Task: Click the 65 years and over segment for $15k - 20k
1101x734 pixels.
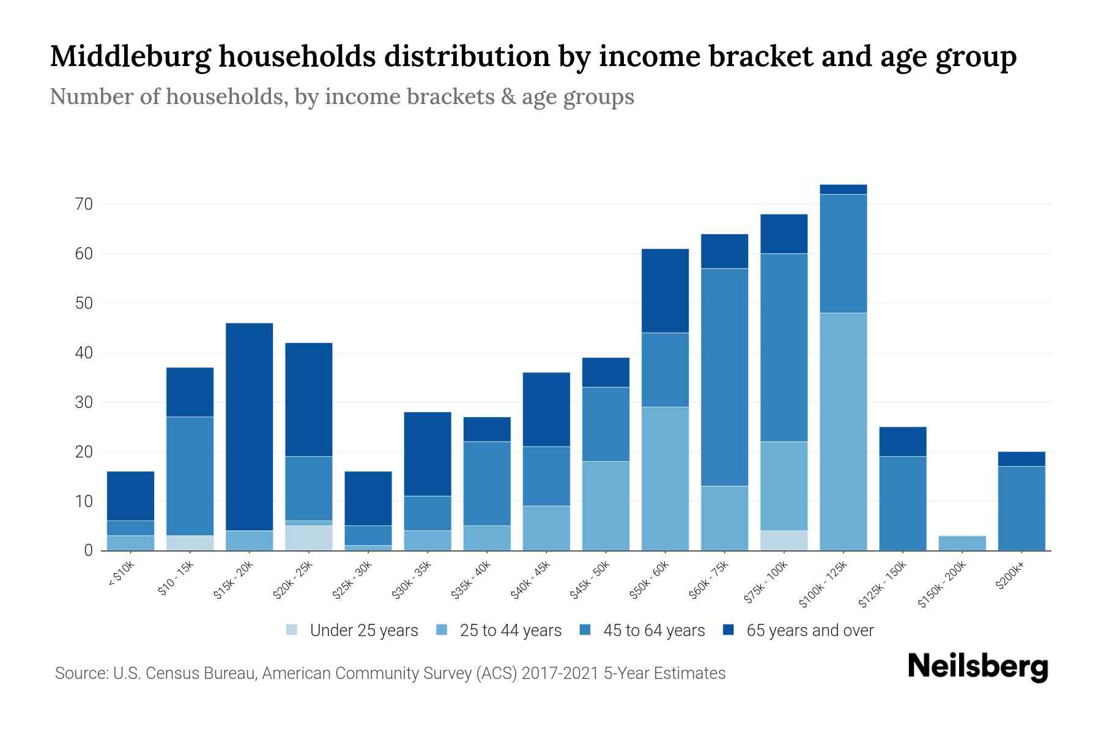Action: pyautogui.click(x=249, y=426)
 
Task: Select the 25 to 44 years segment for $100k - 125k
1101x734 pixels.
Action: pyautogui.click(x=843, y=432)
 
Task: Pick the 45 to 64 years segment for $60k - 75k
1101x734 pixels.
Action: pyautogui.click(x=724, y=377)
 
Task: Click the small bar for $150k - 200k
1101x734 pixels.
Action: pyautogui.click(x=962, y=543)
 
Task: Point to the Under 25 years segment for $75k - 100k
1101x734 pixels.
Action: pyautogui.click(x=784, y=540)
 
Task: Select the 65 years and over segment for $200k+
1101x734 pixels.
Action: pyautogui.click(x=1021, y=459)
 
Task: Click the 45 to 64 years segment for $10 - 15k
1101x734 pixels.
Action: pyautogui.click(x=190, y=476)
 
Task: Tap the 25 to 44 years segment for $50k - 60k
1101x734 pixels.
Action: pyautogui.click(x=665, y=478)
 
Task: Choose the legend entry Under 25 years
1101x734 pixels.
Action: pyautogui.click(x=363, y=631)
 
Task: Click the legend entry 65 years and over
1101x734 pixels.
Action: pyautogui.click(x=809, y=631)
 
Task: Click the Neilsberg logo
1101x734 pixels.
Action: pyautogui.click(x=977, y=667)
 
